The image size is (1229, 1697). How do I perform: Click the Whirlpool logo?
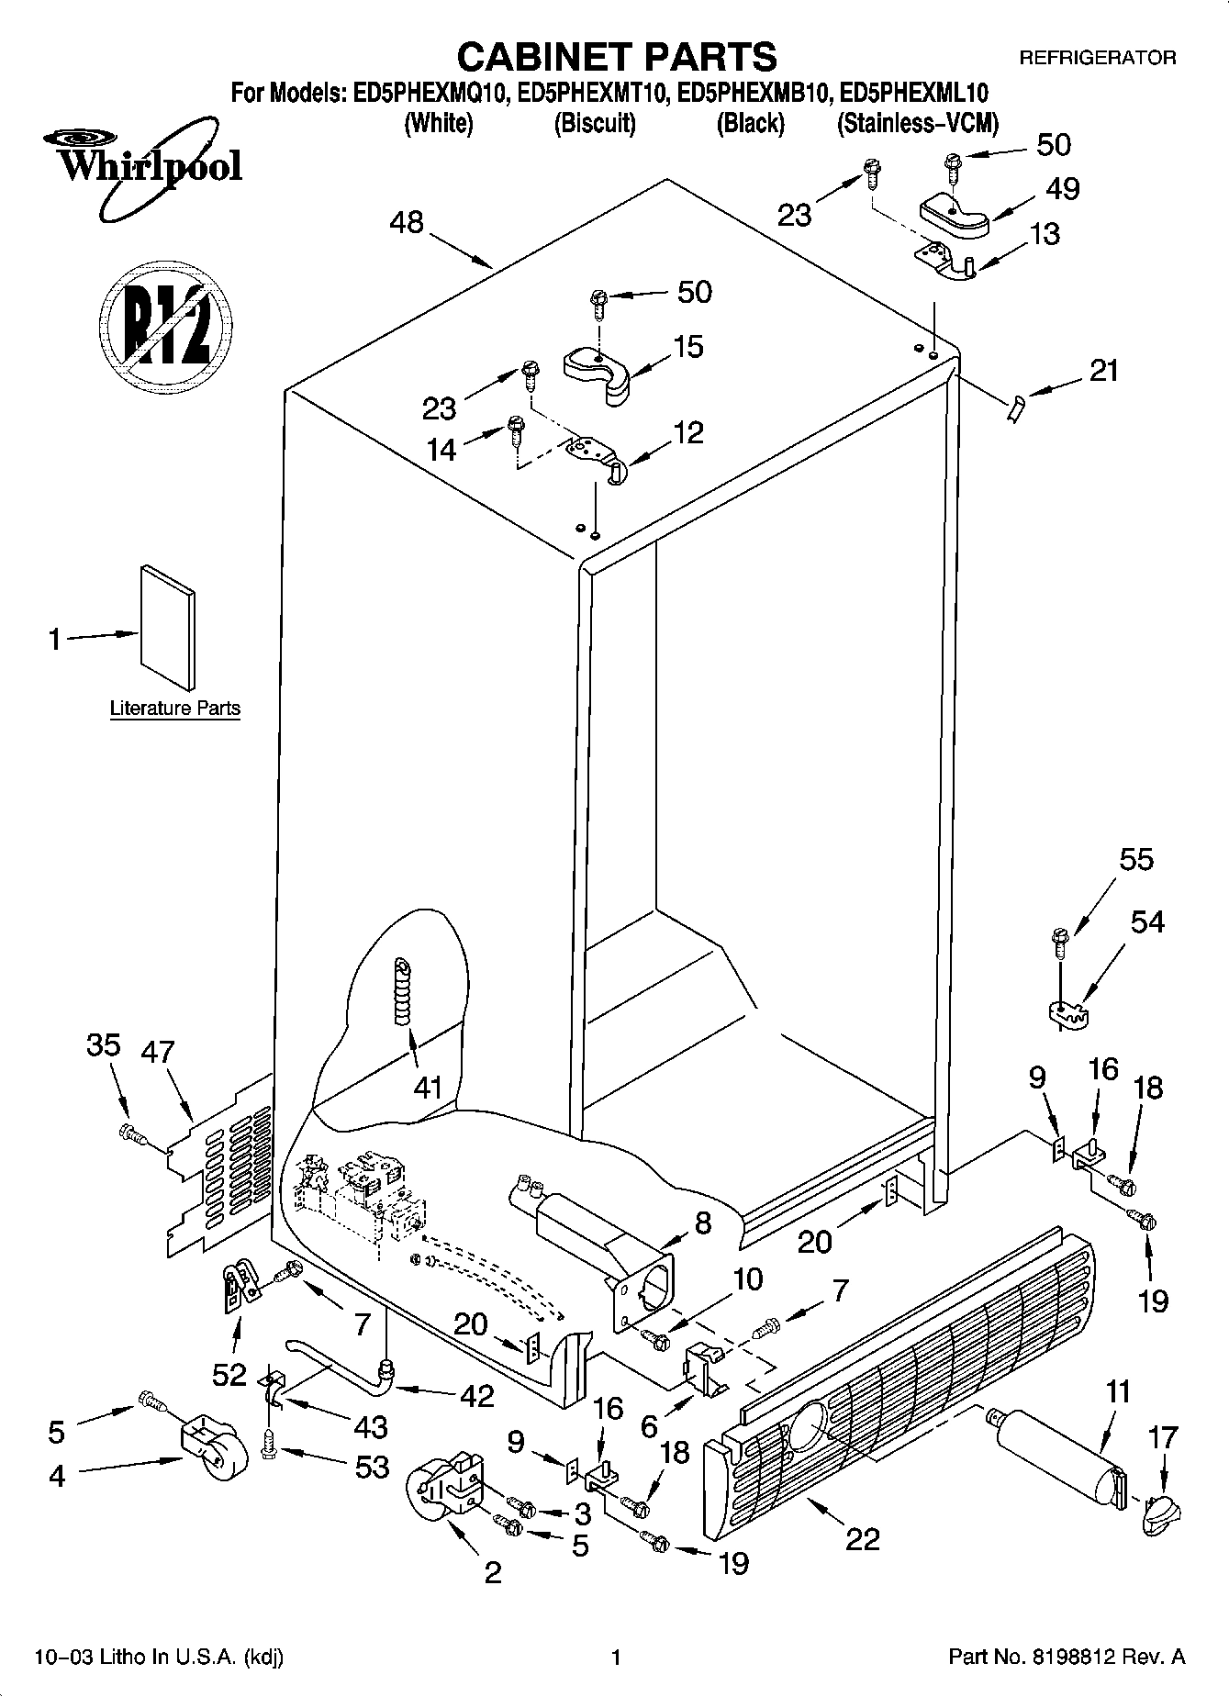[143, 169]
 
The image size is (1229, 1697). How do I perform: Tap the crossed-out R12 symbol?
[164, 325]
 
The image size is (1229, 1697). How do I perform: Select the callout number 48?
[407, 222]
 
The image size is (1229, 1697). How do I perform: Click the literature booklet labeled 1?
[167, 626]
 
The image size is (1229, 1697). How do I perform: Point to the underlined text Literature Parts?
[174, 709]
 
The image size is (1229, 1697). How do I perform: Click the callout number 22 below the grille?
[862, 1538]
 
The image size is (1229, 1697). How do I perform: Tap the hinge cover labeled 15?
[598, 366]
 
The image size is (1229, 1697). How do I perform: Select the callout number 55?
[1136, 860]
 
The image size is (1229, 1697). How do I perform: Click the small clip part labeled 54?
[1067, 1012]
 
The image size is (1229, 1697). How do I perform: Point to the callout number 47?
[158, 1052]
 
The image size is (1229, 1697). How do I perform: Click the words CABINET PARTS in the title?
[616, 57]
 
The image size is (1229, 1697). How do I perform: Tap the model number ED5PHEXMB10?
[751, 93]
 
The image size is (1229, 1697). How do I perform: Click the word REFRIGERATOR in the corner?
[1097, 58]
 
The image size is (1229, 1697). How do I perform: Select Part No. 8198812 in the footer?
[1065, 1657]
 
